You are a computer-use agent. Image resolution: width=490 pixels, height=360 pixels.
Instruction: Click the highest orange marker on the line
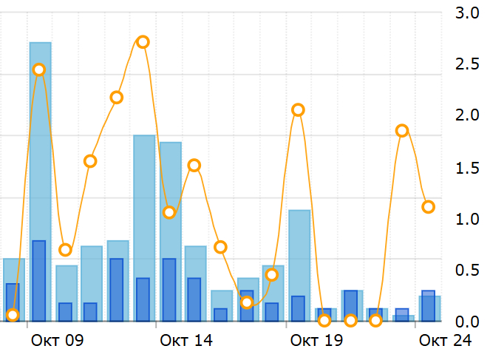(143, 42)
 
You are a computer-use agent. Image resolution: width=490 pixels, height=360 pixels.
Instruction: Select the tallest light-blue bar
(40, 181)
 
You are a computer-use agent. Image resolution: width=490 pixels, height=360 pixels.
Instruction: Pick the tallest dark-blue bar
(39, 281)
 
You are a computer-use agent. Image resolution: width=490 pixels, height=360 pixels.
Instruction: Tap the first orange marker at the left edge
(13, 315)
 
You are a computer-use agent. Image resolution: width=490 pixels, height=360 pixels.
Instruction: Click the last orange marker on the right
(428, 207)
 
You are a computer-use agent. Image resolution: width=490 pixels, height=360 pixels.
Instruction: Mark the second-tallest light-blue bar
(144, 228)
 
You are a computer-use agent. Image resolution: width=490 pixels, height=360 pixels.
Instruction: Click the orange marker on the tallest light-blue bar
(39, 69)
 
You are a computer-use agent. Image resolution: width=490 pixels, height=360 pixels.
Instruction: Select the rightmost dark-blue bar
(428, 305)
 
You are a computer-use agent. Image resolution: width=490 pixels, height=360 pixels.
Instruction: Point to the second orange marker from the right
(402, 131)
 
